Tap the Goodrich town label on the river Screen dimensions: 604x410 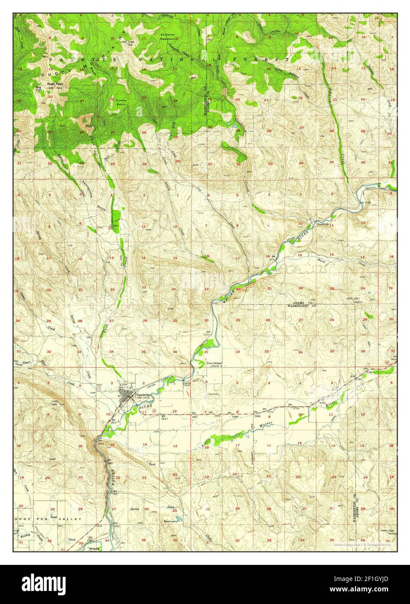(323, 224)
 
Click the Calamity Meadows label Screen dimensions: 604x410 (168, 36)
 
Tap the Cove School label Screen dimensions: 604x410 (214, 363)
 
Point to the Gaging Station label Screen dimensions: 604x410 (187, 383)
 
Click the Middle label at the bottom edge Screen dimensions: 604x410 (94, 549)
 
